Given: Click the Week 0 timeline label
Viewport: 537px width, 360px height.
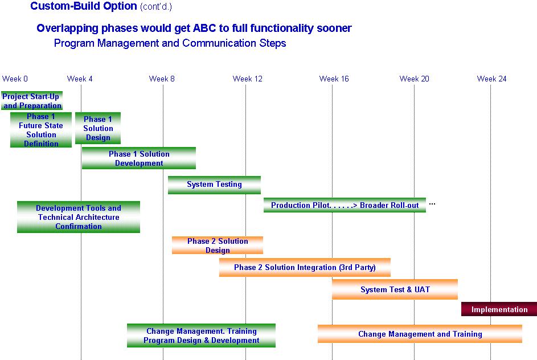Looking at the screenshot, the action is tap(15, 79).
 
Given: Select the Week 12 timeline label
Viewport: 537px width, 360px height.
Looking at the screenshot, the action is tap(247, 79).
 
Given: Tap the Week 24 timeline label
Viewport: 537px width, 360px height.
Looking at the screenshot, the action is tap(491, 79).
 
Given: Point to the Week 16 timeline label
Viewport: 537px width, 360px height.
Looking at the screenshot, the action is tap(334, 79).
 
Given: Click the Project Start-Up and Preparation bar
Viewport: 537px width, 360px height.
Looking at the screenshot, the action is tap(32, 100).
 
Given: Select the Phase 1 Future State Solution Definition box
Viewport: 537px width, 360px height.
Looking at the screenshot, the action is tap(41, 130).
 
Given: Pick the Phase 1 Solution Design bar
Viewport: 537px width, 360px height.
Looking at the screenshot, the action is tap(98, 128).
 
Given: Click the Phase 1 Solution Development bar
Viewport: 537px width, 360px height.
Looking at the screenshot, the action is tap(139, 158).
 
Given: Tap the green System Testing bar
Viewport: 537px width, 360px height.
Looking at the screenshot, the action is tap(214, 185).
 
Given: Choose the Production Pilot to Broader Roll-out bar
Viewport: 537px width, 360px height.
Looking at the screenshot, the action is tap(345, 205).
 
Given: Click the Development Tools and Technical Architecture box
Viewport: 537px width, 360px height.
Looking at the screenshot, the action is tap(79, 217).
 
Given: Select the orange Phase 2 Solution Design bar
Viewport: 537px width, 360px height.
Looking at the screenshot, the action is tap(218, 246).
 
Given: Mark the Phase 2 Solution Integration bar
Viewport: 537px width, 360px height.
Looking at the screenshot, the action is tap(305, 268).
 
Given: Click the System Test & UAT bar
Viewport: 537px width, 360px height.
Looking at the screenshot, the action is tap(395, 289).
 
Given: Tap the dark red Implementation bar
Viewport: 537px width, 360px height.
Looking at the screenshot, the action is tap(499, 309).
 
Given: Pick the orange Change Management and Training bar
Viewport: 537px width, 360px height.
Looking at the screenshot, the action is tap(420, 334).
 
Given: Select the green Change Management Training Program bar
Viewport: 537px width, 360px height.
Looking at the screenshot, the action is tap(202, 336).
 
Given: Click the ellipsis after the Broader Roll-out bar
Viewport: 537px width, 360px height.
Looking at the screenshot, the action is tap(432, 204).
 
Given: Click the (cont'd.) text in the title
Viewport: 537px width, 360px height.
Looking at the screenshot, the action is tap(156, 6).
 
